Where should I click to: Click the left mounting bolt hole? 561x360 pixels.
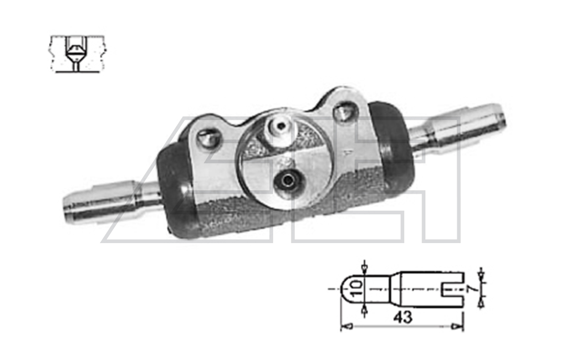click(208, 138)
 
